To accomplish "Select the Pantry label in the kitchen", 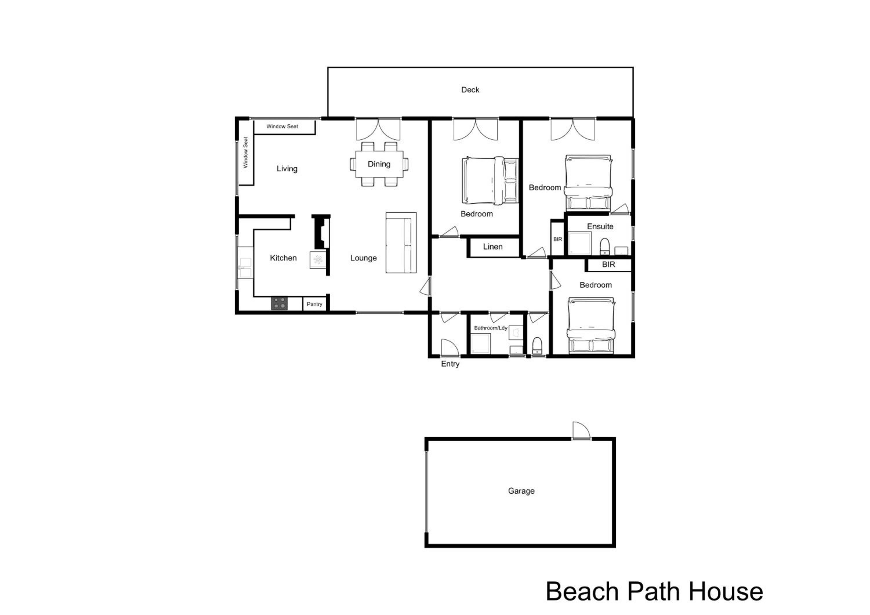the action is (x=314, y=304).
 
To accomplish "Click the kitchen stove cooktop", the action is (x=279, y=303).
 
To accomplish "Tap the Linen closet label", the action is (x=493, y=247).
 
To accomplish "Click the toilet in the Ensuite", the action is (x=604, y=246).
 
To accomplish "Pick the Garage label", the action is (x=521, y=491).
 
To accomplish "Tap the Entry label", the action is (x=450, y=364).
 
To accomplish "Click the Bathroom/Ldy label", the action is (x=491, y=328).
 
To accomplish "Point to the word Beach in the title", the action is (x=582, y=592).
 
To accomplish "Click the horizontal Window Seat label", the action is (x=282, y=126).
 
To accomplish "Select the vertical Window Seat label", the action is (x=246, y=152).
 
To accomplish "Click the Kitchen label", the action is (x=283, y=258).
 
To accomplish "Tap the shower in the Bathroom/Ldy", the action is (x=481, y=343).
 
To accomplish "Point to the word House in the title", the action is (x=726, y=592).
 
